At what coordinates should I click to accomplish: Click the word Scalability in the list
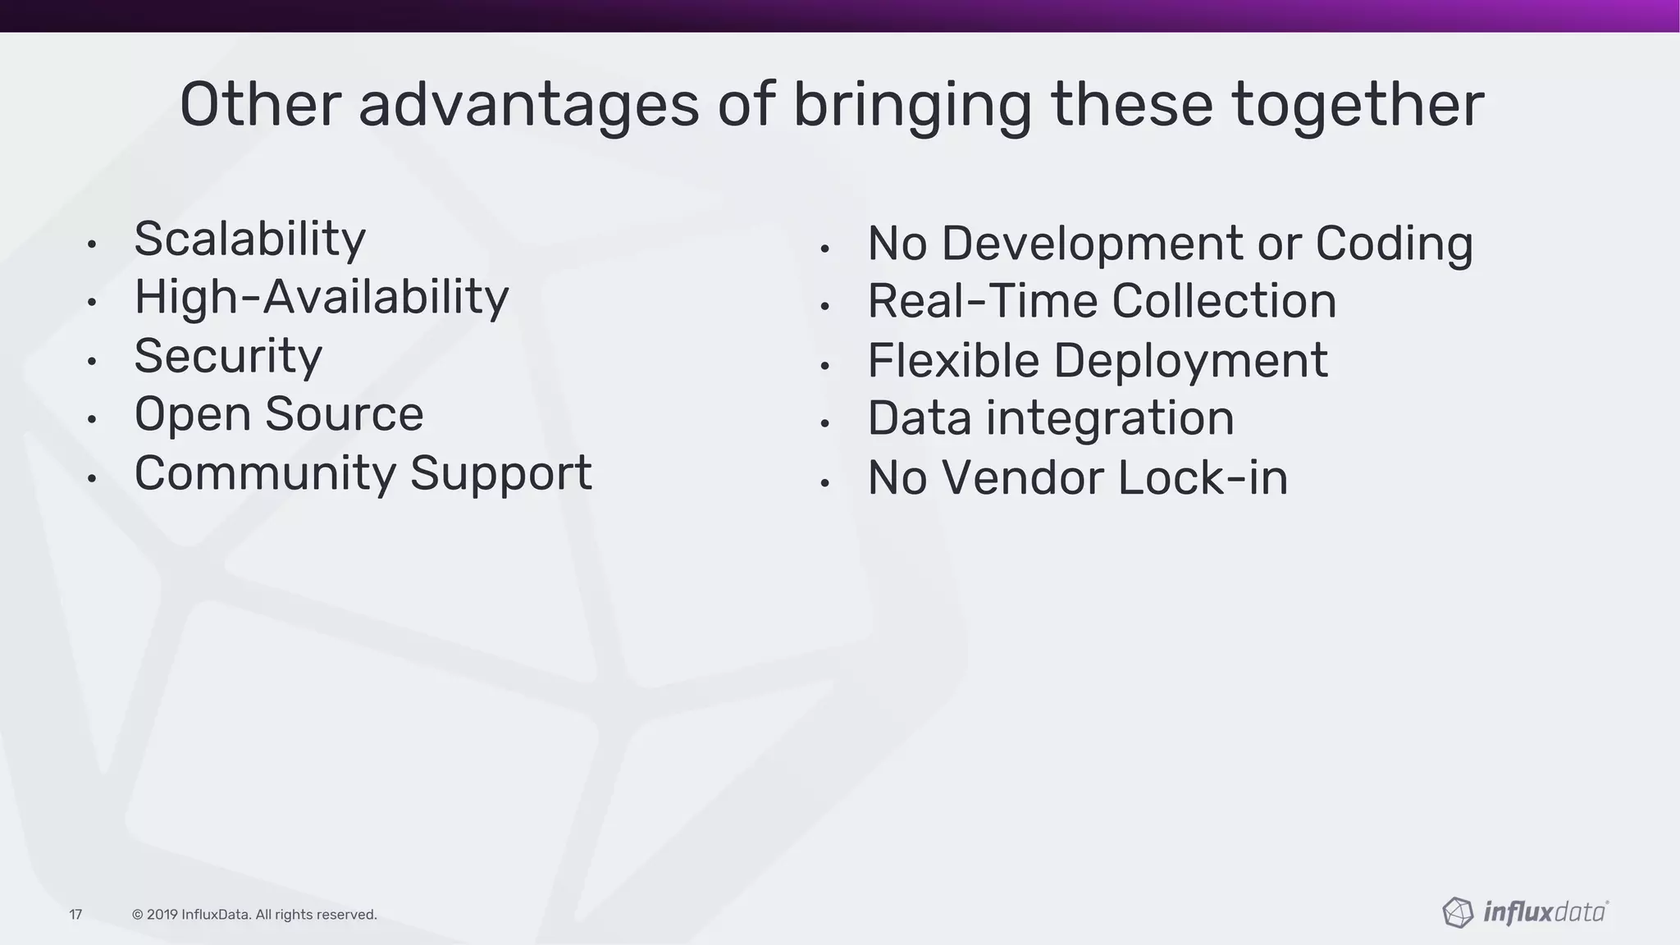coord(249,240)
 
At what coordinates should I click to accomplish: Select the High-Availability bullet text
coord(321,297)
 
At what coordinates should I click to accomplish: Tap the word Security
coord(228,356)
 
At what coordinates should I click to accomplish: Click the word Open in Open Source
coord(192,415)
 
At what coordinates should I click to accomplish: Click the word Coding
coord(1394,244)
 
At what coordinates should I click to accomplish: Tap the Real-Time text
coord(982,301)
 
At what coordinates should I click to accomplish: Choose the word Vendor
coord(1021,477)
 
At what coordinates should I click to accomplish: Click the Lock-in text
coord(1203,477)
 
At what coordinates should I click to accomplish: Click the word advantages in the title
coord(528,105)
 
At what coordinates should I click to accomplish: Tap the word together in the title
coord(1358,105)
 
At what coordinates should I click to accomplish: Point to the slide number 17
coord(75,915)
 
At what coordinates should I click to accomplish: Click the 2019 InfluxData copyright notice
coord(254,915)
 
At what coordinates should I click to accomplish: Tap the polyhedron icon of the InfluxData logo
coord(1458,912)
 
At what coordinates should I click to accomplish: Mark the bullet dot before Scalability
coord(92,244)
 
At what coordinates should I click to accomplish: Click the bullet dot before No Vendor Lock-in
coord(825,483)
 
